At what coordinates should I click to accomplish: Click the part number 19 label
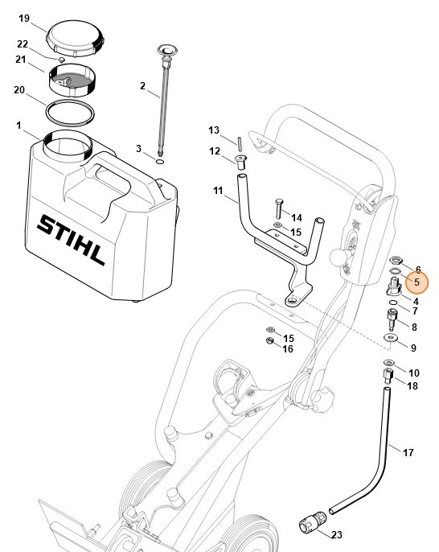23,18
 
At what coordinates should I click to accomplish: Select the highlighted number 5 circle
417,283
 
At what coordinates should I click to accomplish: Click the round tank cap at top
74,39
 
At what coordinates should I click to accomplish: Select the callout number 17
408,453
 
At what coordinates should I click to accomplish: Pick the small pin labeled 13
240,142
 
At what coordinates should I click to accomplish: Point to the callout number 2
142,86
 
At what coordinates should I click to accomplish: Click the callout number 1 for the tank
18,125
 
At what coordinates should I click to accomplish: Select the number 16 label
287,348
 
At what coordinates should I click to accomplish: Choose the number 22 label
23,43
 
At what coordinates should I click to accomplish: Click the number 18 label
412,386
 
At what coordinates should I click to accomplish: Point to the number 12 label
215,150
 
